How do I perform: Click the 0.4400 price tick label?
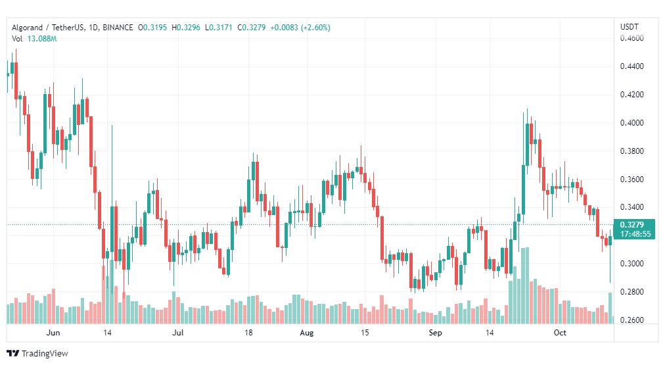[x=631, y=66]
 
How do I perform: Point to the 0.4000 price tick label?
[x=631, y=123]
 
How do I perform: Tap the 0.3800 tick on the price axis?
[x=631, y=151]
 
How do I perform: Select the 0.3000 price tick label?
[x=631, y=264]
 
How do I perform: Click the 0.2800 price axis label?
[x=631, y=292]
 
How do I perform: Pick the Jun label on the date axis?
[x=53, y=333]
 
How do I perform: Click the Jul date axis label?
[x=177, y=333]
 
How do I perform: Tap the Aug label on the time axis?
[x=307, y=333]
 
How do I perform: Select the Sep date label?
[x=435, y=333]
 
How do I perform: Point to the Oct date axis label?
[x=560, y=333]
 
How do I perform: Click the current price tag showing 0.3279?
[x=632, y=224]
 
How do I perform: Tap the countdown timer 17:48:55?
[x=635, y=234]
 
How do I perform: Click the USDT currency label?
[x=630, y=27]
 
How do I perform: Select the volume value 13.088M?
[x=42, y=39]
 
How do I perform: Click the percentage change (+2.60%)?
[x=315, y=28]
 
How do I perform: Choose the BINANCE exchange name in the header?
[x=118, y=28]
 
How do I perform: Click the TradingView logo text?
[x=45, y=354]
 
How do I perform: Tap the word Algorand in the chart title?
[x=27, y=28]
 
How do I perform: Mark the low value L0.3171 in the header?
[x=218, y=28]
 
